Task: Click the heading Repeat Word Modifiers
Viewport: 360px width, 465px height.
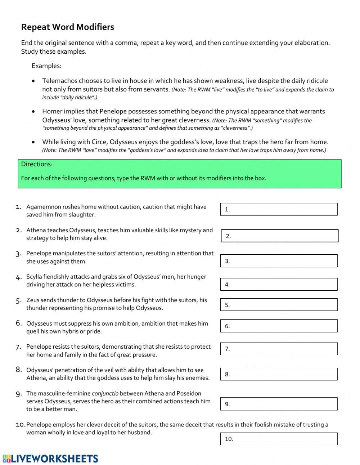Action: point(67,27)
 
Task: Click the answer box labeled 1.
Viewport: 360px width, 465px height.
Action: point(279,209)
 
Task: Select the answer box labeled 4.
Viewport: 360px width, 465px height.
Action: point(279,284)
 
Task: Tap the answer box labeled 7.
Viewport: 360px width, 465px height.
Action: point(279,349)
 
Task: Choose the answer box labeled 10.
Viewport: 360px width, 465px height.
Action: point(279,439)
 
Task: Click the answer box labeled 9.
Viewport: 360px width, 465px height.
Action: point(279,404)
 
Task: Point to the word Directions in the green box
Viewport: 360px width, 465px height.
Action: point(36,164)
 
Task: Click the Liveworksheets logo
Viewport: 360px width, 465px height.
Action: point(50,459)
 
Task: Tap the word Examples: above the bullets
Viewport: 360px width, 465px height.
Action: point(46,66)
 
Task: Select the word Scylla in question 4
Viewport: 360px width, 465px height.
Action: point(34,277)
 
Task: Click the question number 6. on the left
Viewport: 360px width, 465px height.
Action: point(19,323)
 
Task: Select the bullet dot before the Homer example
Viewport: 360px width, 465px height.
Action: point(33,112)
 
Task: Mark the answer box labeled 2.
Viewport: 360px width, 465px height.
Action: point(279,236)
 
